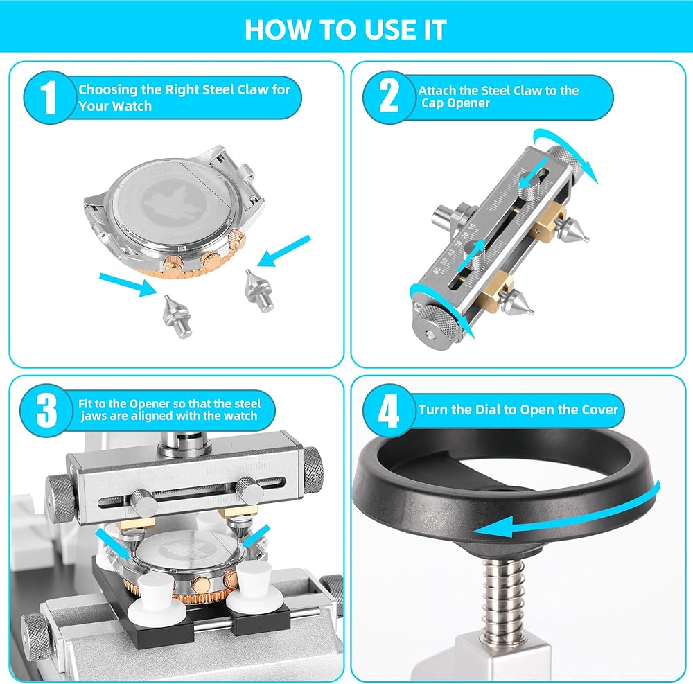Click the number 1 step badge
[x=49, y=97]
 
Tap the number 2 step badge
[x=389, y=97]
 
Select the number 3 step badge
[x=46, y=410]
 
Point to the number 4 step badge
[x=389, y=410]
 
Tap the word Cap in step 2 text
[x=431, y=103]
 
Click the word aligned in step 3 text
[x=151, y=416]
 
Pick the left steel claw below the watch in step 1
[x=177, y=315]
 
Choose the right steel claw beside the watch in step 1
[x=258, y=291]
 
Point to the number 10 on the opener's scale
[x=472, y=228]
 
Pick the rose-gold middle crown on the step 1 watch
[x=211, y=261]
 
